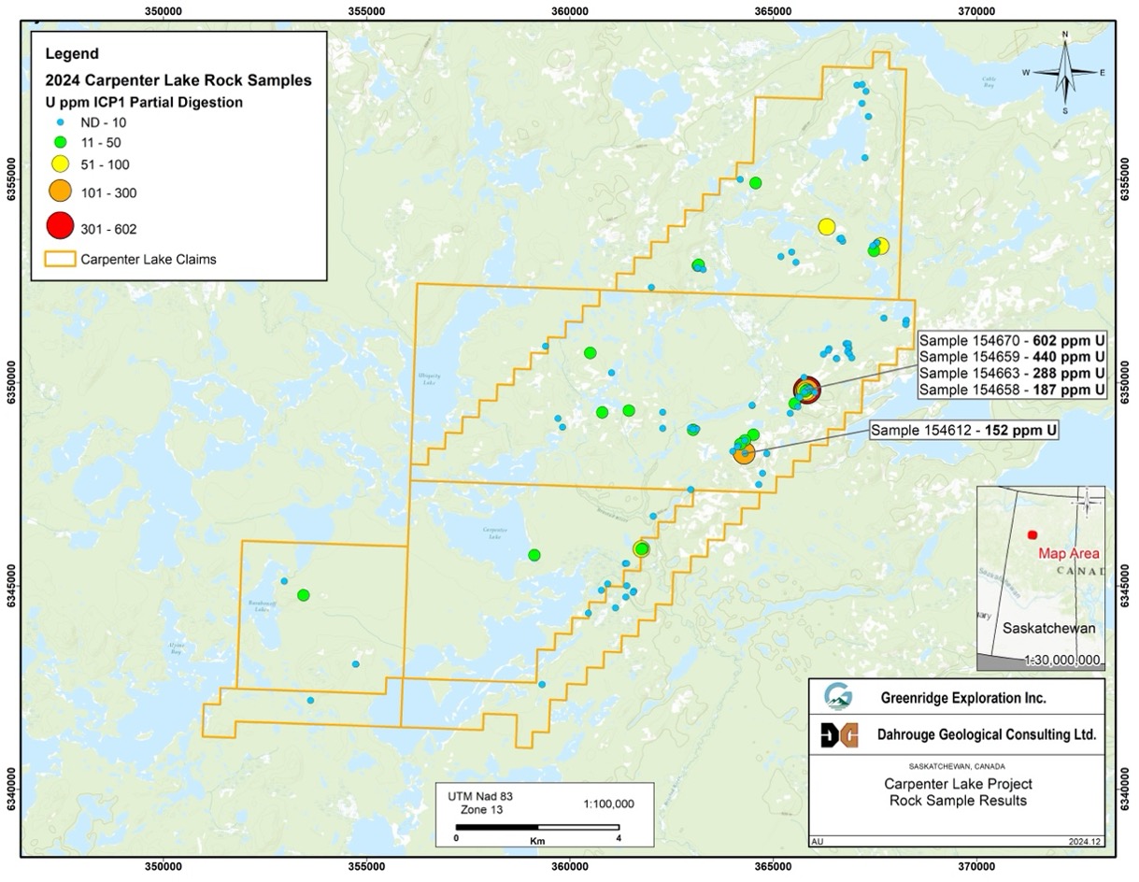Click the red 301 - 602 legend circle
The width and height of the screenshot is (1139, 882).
pyautogui.click(x=60, y=225)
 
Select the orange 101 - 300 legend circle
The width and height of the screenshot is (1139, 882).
pyautogui.click(x=60, y=192)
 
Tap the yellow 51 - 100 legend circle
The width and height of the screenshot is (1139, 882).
pyautogui.click(x=60, y=164)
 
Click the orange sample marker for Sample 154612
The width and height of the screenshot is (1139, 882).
pyautogui.click(x=744, y=453)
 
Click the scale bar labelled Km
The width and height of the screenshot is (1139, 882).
pyautogui.click(x=537, y=827)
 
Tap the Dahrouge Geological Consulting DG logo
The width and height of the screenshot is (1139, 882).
pyautogui.click(x=836, y=735)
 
